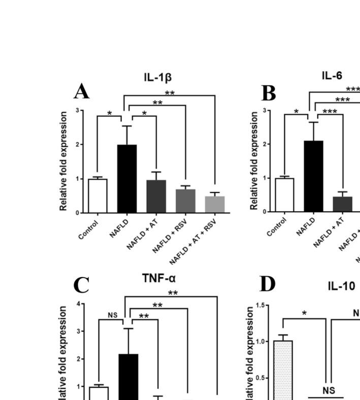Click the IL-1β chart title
(x=157, y=78)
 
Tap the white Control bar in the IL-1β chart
(x=97, y=195)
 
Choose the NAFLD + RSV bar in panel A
(x=186, y=201)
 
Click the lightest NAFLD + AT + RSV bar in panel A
(x=215, y=204)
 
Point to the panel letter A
(x=82, y=92)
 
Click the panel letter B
(x=269, y=93)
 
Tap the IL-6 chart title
(x=332, y=76)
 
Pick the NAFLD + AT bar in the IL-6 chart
(x=343, y=204)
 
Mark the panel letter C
(x=81, y=285)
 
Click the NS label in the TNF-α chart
(x=113, y=315)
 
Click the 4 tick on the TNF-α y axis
(x=78, y=304)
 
